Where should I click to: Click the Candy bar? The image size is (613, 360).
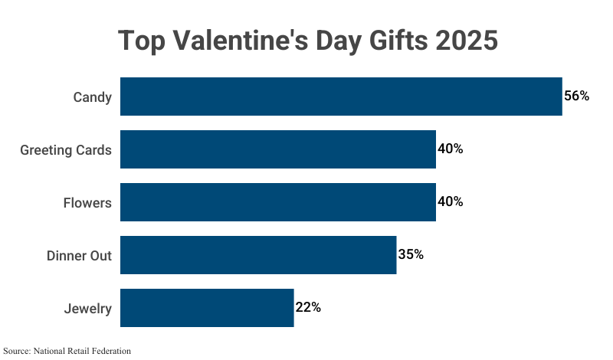point(341,97)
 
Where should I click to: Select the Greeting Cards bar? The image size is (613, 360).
point(278,149)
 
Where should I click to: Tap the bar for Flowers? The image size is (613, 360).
point(278,202)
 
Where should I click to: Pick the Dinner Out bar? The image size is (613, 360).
point(258,255)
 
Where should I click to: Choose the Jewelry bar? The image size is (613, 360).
point(207,308)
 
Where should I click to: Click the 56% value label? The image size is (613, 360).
point(576,97)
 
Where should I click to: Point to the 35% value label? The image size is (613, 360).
point(411,254)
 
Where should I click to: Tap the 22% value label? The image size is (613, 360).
point(308,307)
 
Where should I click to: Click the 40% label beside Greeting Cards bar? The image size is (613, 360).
point(450,149)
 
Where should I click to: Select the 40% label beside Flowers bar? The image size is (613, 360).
point(450,201)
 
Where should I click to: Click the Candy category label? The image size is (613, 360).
point(93,97)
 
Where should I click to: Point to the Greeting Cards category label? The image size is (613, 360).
point(66,150)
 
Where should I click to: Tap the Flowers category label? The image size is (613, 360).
point(87,203)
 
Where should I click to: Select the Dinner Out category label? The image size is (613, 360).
point(79,256)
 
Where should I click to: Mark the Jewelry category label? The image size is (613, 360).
point(88,309)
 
